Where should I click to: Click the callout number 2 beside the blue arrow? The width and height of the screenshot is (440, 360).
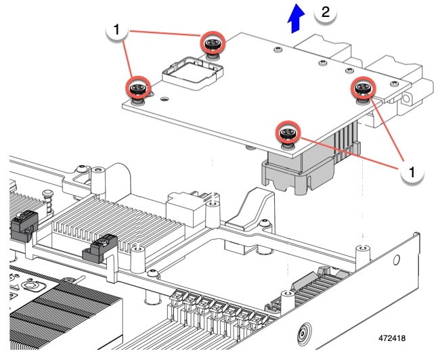[326, 13]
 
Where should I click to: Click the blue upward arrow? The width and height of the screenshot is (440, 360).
[294, 16]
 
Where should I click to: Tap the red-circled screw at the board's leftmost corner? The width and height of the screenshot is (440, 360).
[138, 88]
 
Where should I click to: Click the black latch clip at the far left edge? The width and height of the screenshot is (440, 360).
[22, 224]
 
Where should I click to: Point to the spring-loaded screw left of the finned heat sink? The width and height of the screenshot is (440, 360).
[49, 198]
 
